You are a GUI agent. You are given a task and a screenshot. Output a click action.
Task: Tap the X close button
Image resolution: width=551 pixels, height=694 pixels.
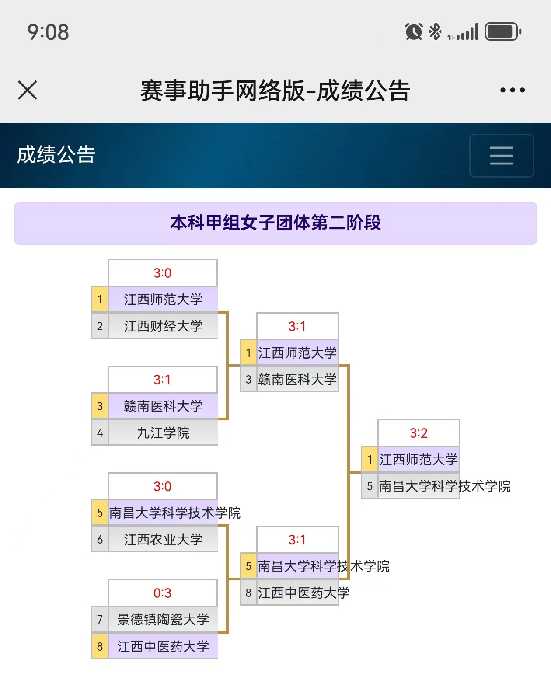[x=28, y=90]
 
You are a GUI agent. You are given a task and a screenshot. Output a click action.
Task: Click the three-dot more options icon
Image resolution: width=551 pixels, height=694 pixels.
[x=512, y=90]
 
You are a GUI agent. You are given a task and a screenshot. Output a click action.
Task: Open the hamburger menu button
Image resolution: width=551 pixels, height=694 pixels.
[x=502, y=155]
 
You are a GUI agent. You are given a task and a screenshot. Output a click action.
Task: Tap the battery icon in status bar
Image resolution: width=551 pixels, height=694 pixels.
[x=503, y=32]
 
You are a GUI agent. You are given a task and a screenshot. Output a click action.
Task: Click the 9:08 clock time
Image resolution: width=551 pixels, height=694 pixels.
[x=48, y=32]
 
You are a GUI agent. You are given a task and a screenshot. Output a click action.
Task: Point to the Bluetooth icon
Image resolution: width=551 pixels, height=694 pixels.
[x=435, y=31]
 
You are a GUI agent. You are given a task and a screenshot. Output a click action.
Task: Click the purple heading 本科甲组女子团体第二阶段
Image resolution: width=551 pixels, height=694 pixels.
[x=275, y=223]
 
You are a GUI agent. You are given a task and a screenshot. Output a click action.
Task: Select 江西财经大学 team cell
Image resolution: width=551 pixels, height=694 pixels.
[x=163, y=326]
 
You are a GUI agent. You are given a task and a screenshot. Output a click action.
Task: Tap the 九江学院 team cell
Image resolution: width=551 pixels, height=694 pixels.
[x=163, y=433]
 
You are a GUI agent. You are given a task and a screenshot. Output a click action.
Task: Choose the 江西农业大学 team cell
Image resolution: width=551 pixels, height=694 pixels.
[x=163, y=540]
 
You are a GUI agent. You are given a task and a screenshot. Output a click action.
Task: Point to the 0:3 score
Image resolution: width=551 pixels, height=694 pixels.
[x=162, y=593]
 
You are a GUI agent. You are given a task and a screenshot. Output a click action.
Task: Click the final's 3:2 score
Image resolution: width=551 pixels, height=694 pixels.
[x=418, y=433]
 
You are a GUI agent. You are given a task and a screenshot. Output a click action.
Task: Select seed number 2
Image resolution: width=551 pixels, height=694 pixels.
[x=100, y=326]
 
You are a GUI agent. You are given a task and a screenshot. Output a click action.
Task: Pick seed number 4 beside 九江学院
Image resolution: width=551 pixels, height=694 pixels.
[x=100, y=433]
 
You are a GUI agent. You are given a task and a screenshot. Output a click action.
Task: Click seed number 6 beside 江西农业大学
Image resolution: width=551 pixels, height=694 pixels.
[x=100, y=540]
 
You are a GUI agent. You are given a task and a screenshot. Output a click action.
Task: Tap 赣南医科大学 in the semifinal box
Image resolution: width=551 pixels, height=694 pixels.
[x=297, y=379]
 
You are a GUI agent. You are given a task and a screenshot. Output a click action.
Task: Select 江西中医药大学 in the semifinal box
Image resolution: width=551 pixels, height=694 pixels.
[x=303, y=593]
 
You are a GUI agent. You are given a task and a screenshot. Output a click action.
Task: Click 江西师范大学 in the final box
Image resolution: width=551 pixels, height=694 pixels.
[x=418, y=460]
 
